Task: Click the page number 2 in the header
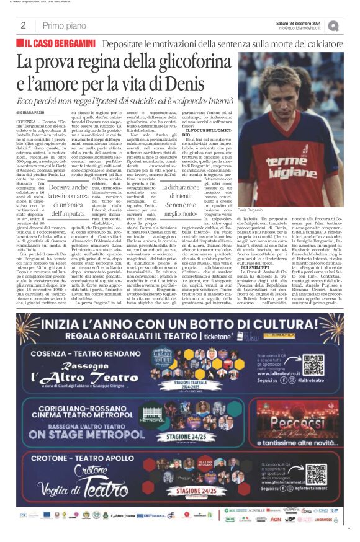click(23, 25)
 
